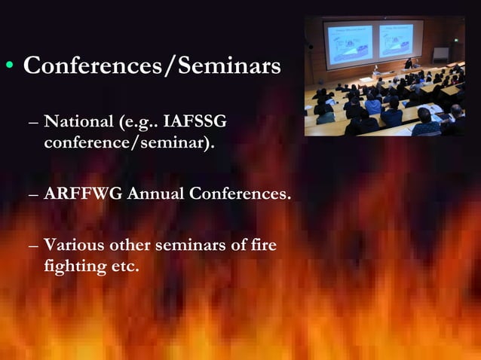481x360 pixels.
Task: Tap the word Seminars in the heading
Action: click(x=230, y=66)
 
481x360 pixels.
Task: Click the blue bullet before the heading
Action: click(x=9, y=66)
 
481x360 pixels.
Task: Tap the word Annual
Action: click(x=155, y=194)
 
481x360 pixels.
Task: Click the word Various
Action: click(x=76, y=246)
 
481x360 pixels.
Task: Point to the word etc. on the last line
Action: click(x=124, y=267)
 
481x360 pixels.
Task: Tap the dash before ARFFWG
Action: click(x=32, y=194)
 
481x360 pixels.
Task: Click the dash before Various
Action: click(x=32, y=246)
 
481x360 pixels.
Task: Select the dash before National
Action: click(x=32, y=122)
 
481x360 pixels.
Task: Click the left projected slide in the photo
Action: click(x=349, y=43)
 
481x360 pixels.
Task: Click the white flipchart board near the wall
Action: click(x=440, y=54)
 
